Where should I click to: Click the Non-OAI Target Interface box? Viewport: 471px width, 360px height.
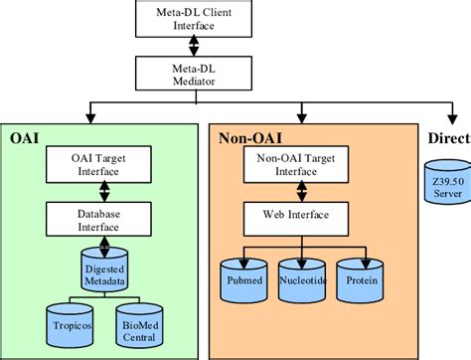point(296,165)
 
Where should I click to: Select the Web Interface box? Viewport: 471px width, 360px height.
point(296,214)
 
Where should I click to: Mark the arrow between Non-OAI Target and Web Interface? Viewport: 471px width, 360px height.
point(296,189)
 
